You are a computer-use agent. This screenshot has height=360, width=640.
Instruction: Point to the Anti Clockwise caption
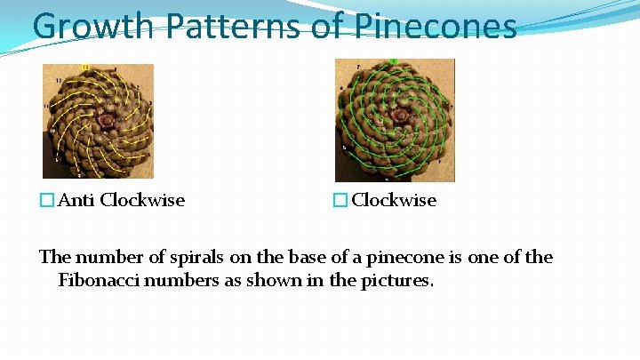point(121,200)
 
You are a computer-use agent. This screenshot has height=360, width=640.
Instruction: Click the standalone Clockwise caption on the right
point(394,200)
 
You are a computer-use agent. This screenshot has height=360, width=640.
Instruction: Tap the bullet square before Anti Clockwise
point(47,201)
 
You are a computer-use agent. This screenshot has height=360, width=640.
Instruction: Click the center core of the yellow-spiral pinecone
point(107,119)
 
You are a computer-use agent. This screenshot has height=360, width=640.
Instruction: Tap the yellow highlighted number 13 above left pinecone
point(85,68)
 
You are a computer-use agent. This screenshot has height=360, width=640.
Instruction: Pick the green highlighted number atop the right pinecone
point(393,62)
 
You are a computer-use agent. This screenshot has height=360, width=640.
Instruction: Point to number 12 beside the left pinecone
point(58,81)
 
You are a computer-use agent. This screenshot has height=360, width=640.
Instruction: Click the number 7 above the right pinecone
point(357,68)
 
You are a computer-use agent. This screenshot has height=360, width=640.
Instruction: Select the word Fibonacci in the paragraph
point(99,281)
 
